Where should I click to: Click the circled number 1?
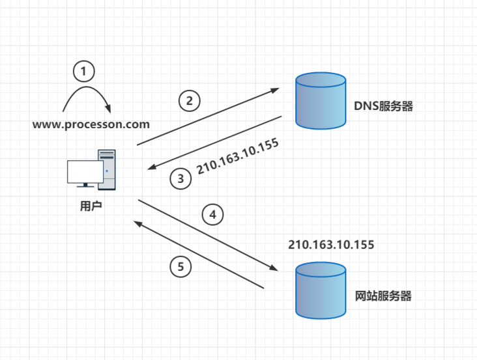(84, 70)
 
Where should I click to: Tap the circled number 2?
(190, 101)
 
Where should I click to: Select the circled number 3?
(181, 179)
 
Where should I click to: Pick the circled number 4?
(212, 214)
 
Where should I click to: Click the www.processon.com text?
(91, 124)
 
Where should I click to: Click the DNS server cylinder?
(321, 101)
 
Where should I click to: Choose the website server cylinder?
(320, 291)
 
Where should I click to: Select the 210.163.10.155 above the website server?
(331, 245)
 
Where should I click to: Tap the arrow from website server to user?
(199, 255)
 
